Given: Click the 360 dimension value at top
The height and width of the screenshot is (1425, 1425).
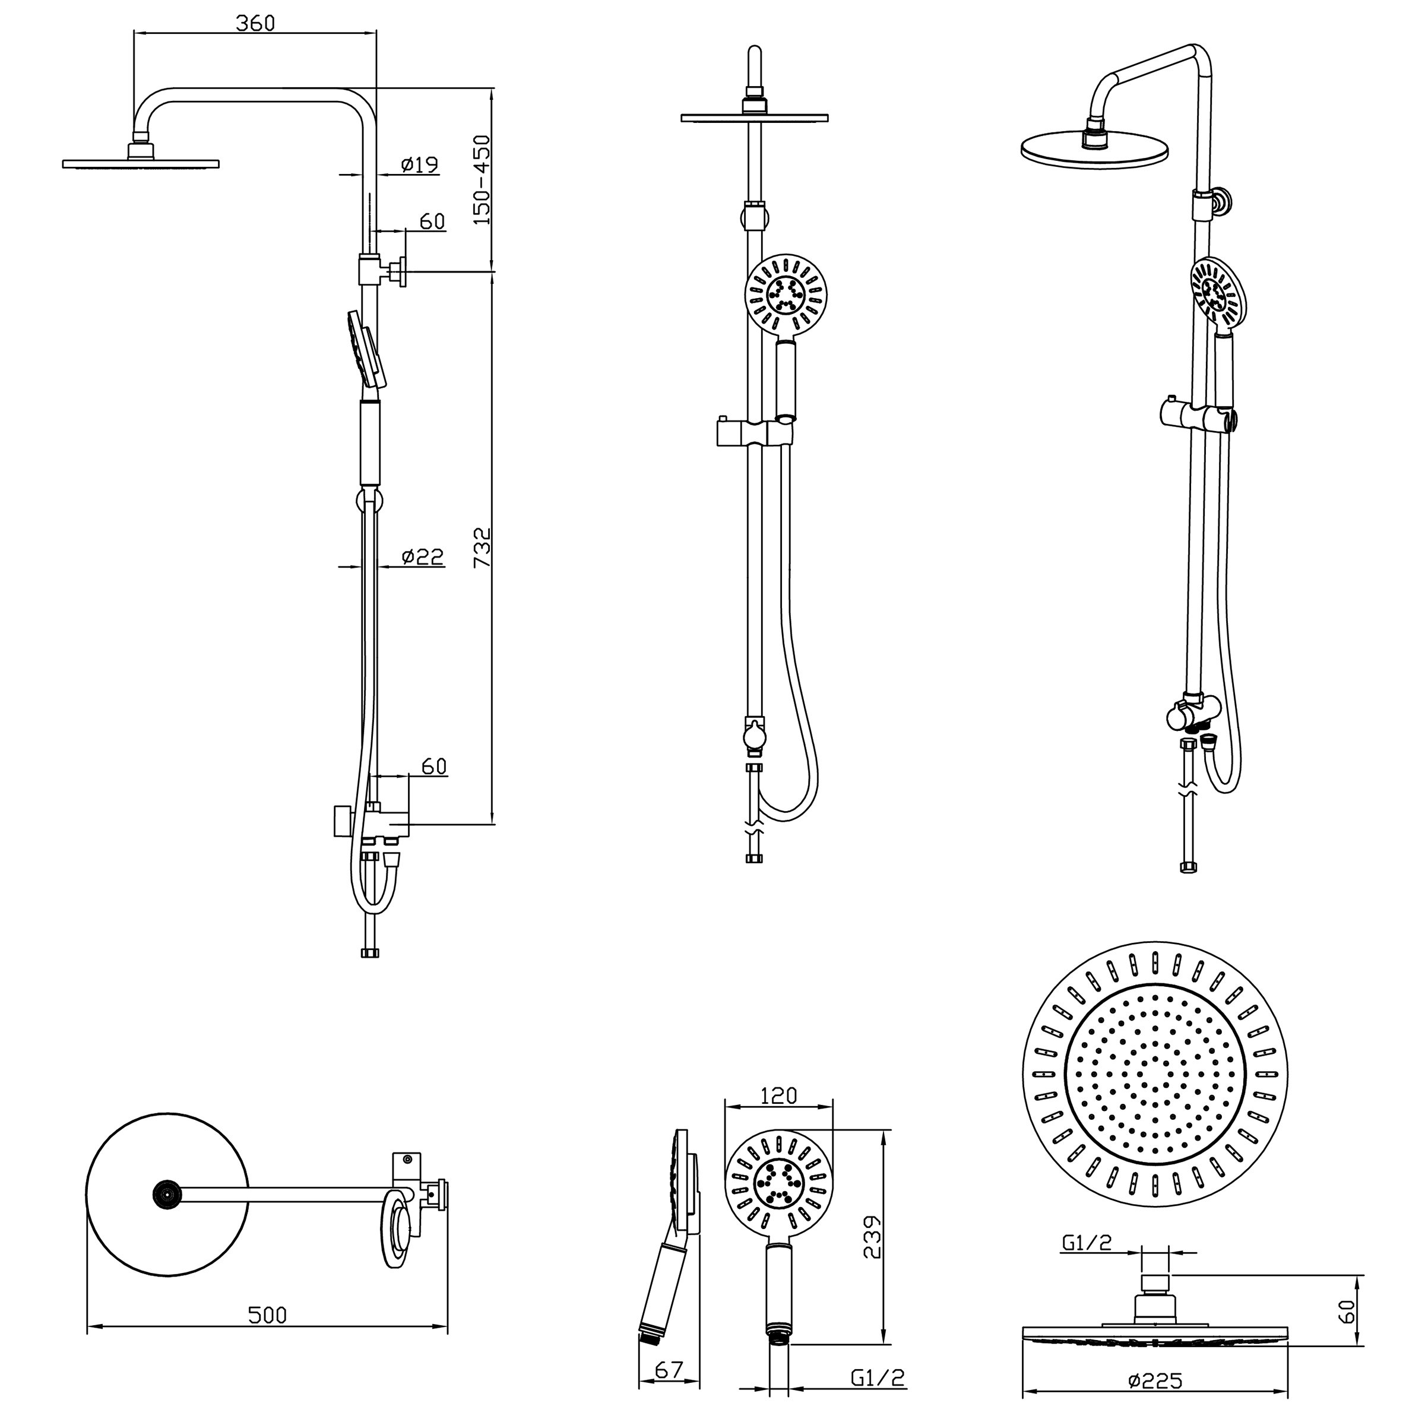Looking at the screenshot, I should point(255,23).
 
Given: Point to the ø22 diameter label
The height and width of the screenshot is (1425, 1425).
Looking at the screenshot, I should point(423,557).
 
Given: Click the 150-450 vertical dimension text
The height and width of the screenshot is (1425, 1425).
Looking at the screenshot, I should point(482,179).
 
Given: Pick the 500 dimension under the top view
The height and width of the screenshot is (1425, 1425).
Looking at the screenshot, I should point(267,1315).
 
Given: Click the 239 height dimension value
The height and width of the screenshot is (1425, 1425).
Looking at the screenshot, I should point(872,1239).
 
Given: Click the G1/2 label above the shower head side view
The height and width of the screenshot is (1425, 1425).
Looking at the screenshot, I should point(1087,1243).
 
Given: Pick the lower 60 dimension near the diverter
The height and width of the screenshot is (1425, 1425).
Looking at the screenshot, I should point(433,767).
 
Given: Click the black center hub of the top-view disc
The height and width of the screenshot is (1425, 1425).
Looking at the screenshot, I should point(167,1193).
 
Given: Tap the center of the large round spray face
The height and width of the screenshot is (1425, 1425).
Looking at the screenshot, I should point(1155,1074).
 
